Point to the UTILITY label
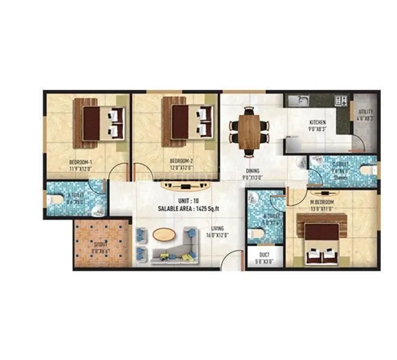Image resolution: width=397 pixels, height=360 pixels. click(366, 112)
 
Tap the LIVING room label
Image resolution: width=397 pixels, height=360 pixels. click(217, 228)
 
